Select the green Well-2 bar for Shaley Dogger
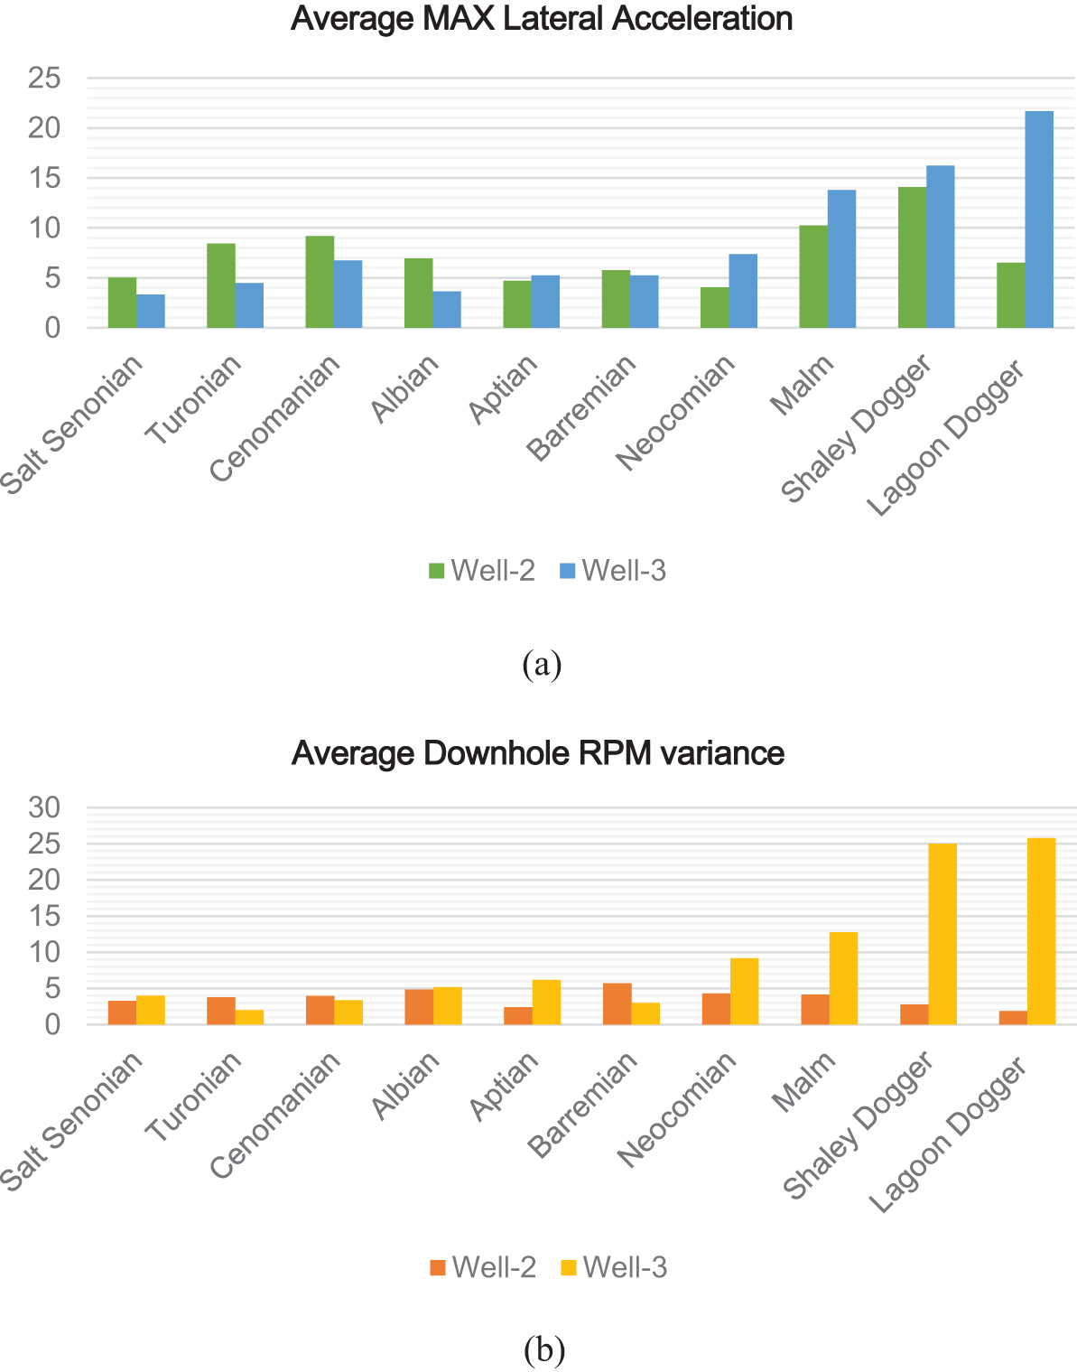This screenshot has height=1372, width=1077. point(912,257)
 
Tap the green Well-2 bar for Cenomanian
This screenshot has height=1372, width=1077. point(320,282)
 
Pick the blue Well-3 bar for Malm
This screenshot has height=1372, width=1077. point(841,258)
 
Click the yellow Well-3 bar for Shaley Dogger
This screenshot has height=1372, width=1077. point(942,934)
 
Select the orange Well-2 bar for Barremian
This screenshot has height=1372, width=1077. point(617,1003)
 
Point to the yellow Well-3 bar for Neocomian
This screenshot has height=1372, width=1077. point(745,991)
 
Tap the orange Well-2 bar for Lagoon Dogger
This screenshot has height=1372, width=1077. point(1013,1017)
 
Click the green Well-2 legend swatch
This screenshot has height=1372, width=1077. point(437,571)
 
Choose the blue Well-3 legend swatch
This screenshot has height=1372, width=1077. point(567,571)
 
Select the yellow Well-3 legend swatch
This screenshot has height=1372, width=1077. point(568,1268)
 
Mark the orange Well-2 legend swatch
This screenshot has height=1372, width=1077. point(438,1268)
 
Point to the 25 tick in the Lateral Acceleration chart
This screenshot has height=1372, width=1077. point(44,79)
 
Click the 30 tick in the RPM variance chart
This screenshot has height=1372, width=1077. point(44,807)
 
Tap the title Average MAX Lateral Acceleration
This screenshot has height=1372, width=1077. point(542,19)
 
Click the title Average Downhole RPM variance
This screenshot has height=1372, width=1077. point(538,753)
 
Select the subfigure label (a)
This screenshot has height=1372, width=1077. point(542,665)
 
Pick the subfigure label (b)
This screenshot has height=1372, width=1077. point(543,1349)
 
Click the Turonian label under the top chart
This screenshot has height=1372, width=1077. point(195,400)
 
